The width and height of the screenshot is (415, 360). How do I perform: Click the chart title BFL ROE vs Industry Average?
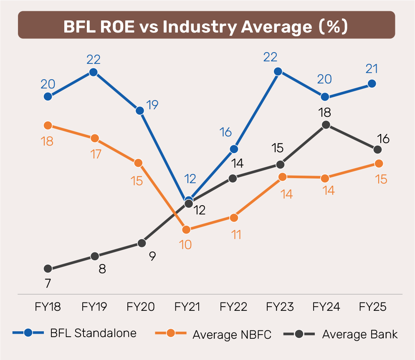206,26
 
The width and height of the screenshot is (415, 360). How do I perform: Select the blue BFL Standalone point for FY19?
94,72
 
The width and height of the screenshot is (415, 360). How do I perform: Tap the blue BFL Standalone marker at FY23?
277,71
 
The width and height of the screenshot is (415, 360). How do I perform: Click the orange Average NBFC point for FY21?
186,229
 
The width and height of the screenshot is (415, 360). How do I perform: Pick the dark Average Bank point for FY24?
326,125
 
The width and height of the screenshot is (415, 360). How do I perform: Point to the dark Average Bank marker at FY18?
48,269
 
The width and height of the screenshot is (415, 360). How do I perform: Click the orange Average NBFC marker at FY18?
48,125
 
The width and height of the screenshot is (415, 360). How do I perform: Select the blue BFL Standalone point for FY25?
372,84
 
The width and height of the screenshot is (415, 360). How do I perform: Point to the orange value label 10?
185,244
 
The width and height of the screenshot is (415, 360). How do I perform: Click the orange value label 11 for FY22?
236,234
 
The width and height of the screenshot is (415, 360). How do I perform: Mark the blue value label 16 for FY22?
225,133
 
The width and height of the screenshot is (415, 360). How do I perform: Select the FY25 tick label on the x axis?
372,307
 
